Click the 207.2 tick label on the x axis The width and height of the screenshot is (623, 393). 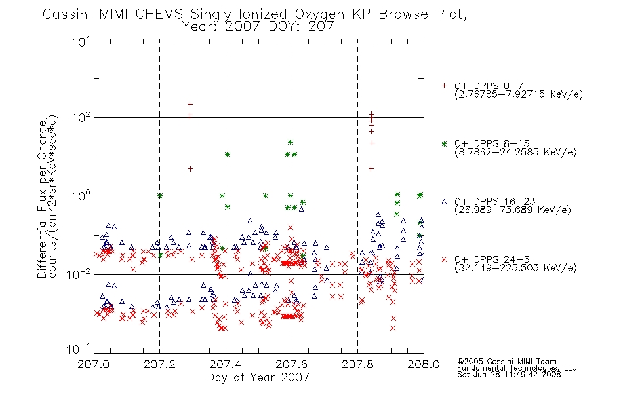[159, 364]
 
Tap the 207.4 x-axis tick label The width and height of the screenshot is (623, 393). [226, 364]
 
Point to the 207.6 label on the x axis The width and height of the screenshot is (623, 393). [292, 364]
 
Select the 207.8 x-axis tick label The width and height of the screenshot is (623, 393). [357, 364]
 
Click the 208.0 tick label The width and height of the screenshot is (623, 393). [424, 364]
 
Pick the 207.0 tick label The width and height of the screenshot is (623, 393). [93, 364]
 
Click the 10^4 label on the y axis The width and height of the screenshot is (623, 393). [81, 41]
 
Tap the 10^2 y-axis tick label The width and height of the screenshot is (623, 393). [81, 118]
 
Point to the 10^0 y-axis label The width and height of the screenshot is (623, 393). [81, 196]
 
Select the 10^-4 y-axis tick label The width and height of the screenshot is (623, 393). [79, 349]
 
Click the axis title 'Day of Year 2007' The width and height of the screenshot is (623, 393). [258, 377]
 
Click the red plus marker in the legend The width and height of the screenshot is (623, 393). [444, 86]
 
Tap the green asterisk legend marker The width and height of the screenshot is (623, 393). [444, 143]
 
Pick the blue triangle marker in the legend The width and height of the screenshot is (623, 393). [444, 202]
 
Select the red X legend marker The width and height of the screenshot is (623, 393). [444, 259]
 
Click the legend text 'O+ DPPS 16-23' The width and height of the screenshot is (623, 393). [495, 201]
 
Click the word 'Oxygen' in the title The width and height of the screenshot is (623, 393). [319, 14]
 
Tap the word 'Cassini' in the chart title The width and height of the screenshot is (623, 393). [68, 14]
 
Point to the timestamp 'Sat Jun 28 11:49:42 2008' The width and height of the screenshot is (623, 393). [509, 374]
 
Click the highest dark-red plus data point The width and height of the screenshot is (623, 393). [190, 104]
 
